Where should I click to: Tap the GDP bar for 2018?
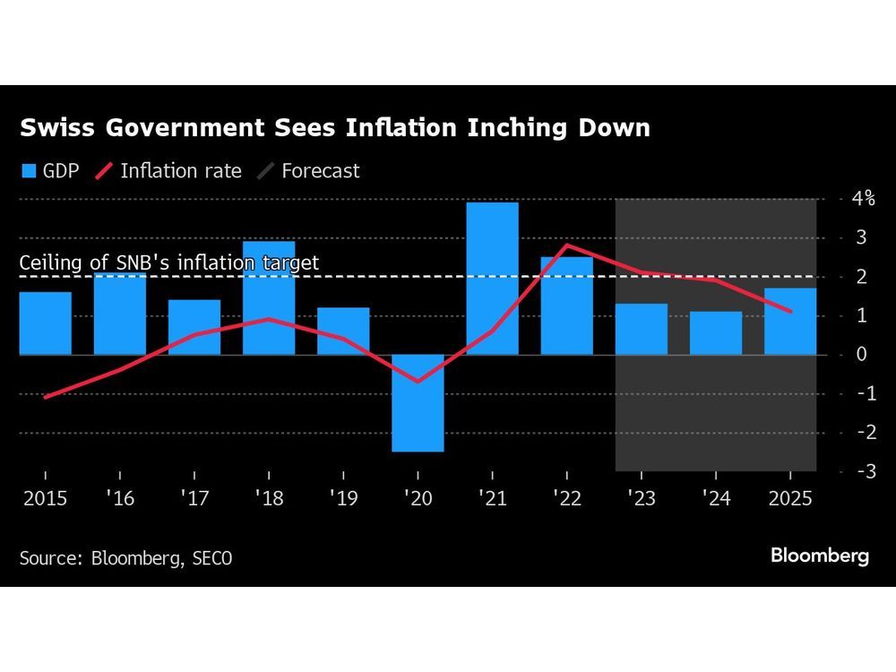coord(269,297)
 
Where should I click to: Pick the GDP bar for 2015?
coord(46,323)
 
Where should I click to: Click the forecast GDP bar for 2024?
coord(715,333)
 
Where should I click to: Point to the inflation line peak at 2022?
coord(566,245)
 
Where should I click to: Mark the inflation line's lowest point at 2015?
coord(45,397)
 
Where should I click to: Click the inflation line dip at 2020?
coord(418,382)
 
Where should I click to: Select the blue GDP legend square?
coord(28,170)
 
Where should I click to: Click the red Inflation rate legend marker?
coord(103,170)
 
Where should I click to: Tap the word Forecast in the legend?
coord(320,170)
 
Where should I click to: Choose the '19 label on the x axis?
coord(342,497)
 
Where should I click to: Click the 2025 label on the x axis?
coord(789,497)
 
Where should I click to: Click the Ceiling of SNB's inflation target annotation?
coord(169,263)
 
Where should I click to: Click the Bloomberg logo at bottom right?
coord(820,556)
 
